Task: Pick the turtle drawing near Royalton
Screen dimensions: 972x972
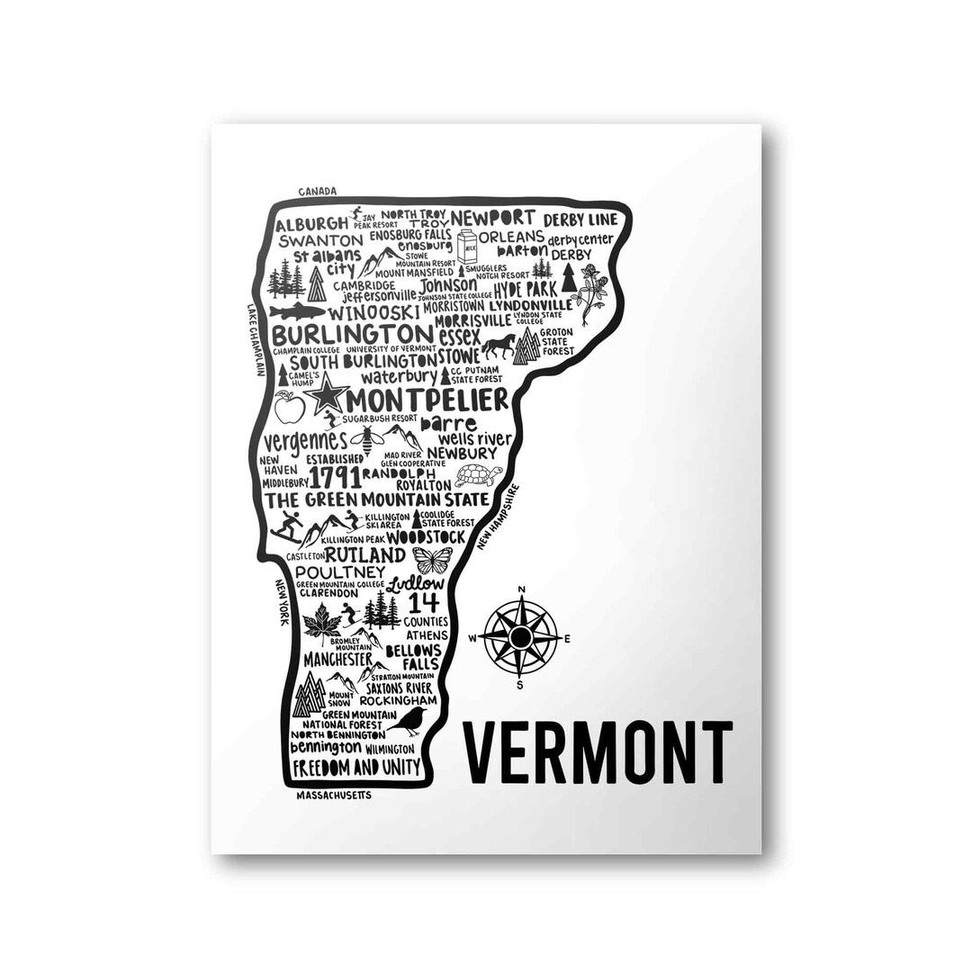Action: pos(478,474)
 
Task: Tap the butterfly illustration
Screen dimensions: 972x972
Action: pos(432,560)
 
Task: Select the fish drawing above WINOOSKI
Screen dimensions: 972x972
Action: pos(296,310)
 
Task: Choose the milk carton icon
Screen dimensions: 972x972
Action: pos(466,246)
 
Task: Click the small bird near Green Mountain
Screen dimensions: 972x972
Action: pos(411,718)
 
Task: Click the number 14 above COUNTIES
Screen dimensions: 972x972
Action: pos(423,602)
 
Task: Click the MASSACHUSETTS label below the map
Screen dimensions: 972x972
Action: pos(334,796)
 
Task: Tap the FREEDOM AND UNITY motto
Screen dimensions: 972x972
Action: pos(355,768)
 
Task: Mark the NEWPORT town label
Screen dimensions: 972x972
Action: pos(493,218)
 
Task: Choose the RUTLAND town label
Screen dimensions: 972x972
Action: pos(364,554)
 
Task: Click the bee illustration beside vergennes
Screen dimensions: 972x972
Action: pos(367,439)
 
